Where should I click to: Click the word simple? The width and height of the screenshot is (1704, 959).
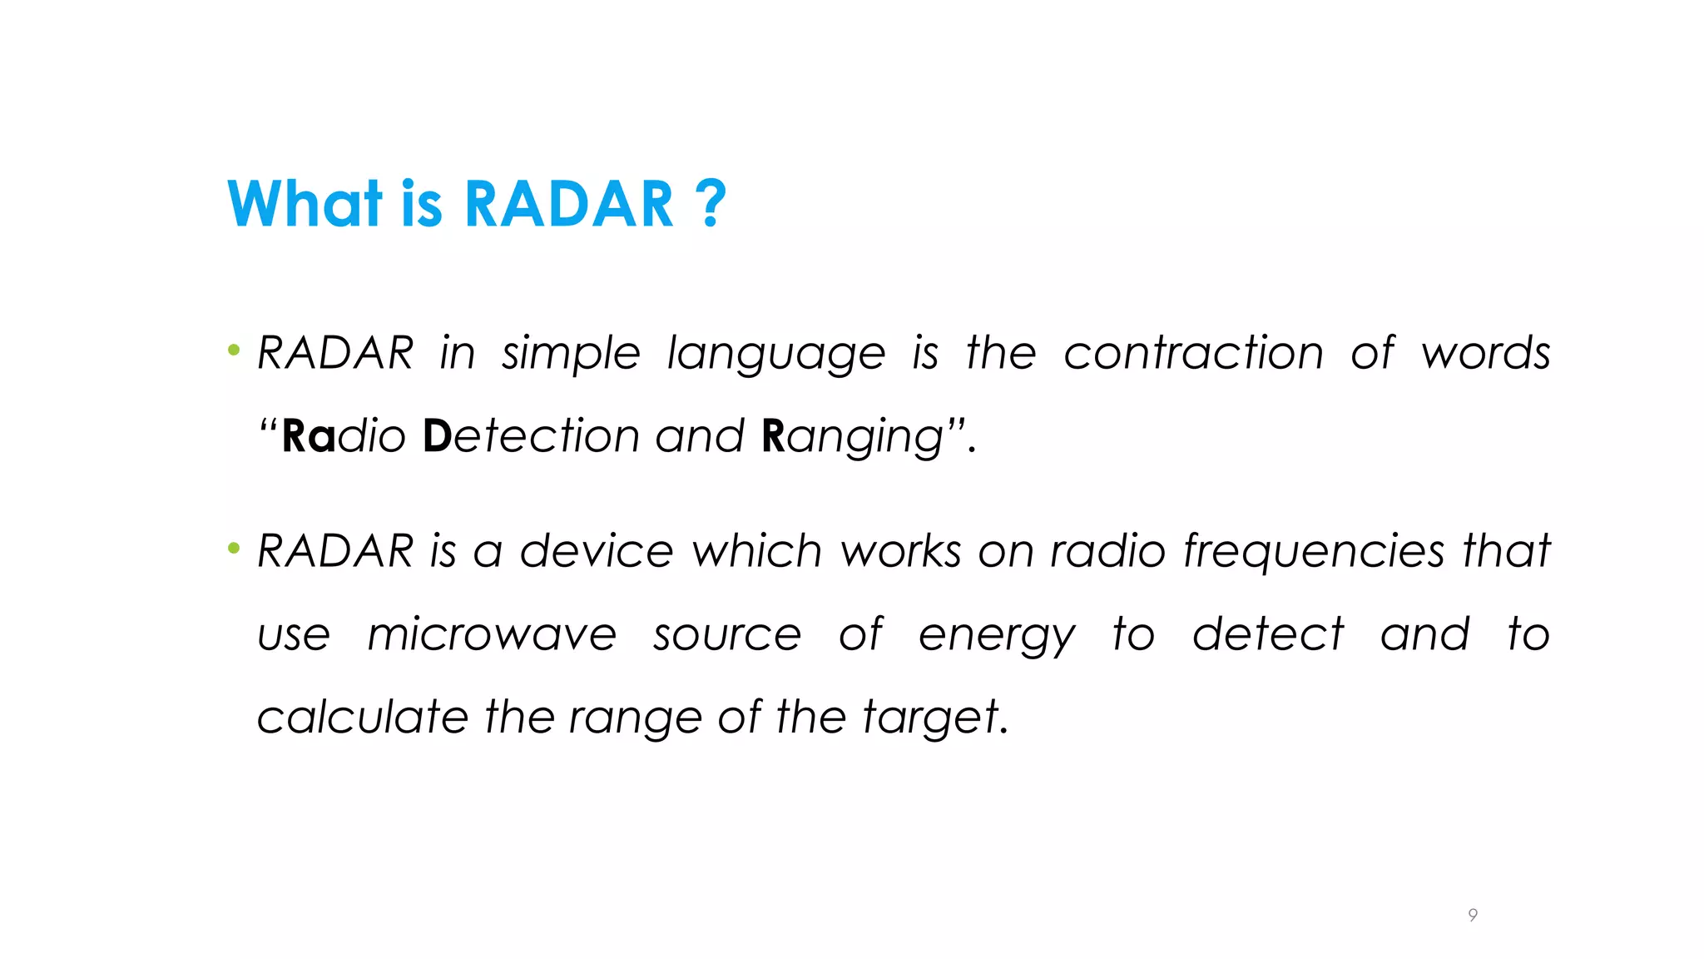click(571, 354)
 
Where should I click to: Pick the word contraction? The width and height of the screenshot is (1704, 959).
click(1193, 353)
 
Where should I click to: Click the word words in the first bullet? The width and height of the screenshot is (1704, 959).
click(1485, 353)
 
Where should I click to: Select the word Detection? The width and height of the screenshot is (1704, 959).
click(532, 436)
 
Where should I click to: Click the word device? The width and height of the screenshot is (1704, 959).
click(597, 551)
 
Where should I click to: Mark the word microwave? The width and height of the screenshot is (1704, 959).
click(492, 635)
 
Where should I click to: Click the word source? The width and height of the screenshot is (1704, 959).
click(727, 635)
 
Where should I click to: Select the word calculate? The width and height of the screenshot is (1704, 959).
click(363, 717)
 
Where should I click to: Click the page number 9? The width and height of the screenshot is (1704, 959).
click(1473, 915)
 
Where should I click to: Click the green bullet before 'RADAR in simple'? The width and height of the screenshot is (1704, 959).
click(234, 350)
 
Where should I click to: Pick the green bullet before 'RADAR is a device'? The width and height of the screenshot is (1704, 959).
click(234, 549)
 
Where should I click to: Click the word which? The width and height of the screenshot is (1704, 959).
click(757, 551)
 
